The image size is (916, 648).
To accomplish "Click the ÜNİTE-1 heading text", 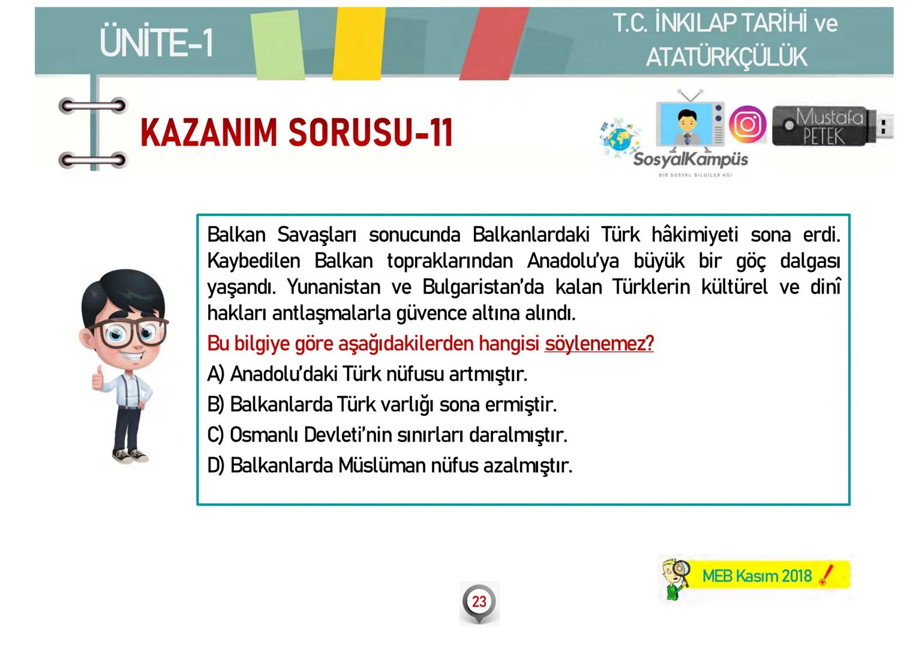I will [157, 42].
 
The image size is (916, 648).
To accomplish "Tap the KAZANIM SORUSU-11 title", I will [296, 133].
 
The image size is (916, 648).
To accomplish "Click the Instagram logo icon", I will [747, 124].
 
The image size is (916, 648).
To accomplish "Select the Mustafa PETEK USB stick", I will [830, 126].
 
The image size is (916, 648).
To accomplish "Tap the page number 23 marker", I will [479, 602].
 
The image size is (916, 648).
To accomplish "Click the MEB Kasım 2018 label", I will [756, 576].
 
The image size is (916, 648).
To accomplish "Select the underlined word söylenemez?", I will [599, 344].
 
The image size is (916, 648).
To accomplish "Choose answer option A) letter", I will [215, 374].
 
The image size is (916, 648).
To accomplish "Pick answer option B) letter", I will [215, 405].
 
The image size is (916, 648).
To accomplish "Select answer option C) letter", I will [215, 435].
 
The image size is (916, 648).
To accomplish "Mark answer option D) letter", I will [215, 466].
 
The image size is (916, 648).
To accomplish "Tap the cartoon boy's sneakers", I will [130, 456].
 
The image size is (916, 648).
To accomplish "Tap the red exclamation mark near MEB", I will [826, 575].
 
